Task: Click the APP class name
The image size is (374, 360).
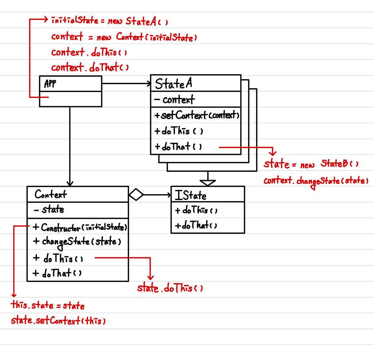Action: (50, 84)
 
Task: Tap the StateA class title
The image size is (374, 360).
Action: (173, 84)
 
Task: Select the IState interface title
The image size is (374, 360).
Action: (191, 195)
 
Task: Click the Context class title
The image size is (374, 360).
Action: (51, 195)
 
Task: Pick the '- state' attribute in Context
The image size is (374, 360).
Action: (49, 210)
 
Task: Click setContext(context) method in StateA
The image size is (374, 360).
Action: (197, 116)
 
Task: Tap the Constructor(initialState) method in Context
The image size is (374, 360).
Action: (80, 228)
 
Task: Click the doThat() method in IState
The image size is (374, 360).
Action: (196, 226)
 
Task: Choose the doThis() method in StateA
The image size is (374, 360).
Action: (179, 131)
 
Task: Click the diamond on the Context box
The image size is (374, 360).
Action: (136, 195)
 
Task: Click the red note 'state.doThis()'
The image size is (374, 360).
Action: (170, 288)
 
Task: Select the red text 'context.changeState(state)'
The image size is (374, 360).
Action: (316, 181)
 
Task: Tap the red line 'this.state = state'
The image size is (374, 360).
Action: (48, 306)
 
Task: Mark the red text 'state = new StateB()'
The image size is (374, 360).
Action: (311, 165)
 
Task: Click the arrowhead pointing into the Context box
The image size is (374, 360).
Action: (70, 183)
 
